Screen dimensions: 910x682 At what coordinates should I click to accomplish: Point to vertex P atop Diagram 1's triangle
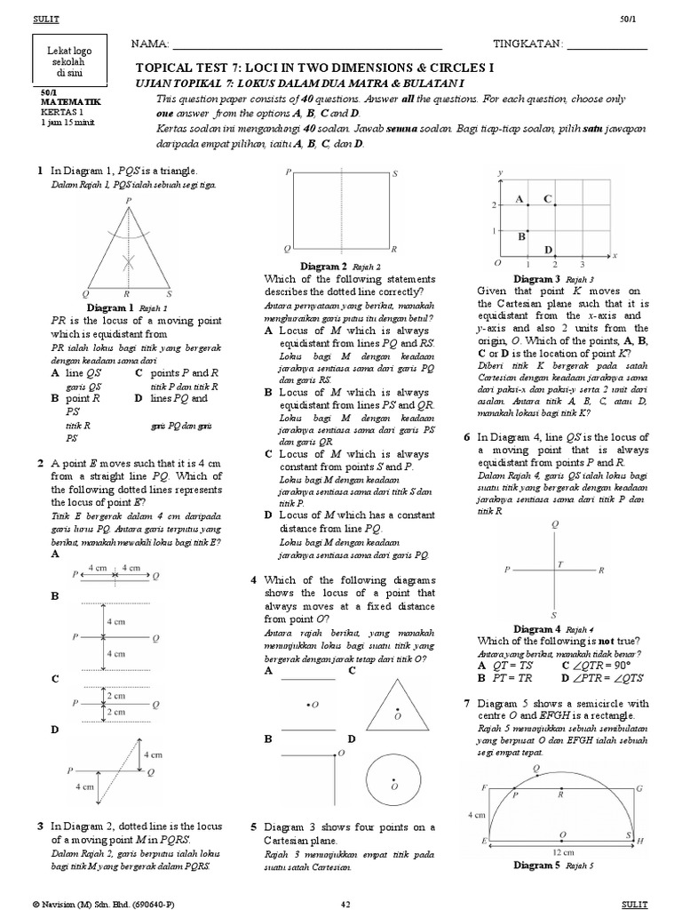click(129, 202)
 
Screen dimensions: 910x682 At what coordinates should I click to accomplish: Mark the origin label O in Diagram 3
click(498, 264)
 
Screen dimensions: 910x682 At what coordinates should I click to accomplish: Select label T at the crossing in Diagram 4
click(559, 563)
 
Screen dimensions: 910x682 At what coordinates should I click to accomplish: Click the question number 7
click(466, 702)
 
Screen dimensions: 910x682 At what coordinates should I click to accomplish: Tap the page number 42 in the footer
click(347, 903)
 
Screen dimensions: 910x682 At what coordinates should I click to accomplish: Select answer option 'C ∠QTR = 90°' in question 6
click(599, 664)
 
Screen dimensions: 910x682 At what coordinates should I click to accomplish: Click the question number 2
click(40, 463)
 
